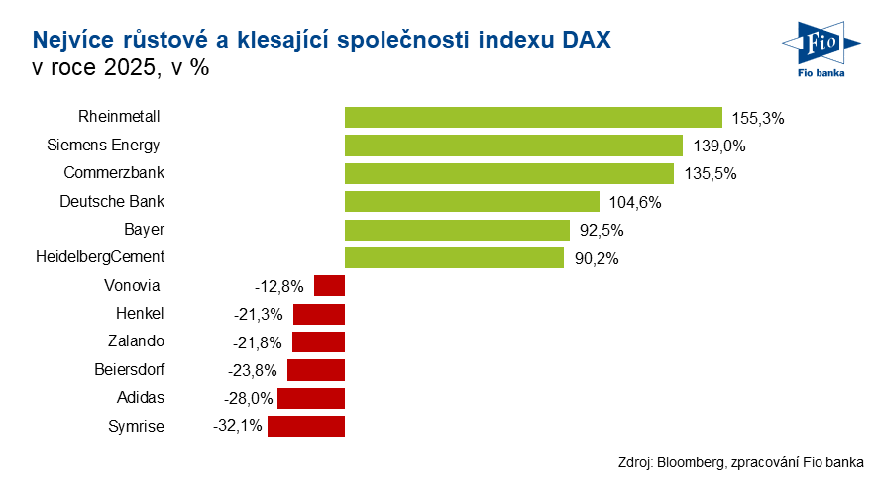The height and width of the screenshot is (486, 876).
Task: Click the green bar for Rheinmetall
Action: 533,117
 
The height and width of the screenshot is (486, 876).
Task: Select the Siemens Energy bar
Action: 513,146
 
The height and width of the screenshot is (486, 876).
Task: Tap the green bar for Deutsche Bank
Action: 472,202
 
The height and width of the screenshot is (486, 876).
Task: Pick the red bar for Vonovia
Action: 329,286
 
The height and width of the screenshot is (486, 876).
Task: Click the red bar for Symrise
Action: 306,427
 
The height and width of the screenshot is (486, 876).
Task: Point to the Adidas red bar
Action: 311,399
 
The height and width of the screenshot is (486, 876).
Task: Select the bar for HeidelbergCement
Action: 454,258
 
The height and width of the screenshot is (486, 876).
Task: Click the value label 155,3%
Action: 758,118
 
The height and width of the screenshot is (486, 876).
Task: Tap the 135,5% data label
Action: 710,174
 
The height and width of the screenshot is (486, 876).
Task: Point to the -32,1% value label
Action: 237,427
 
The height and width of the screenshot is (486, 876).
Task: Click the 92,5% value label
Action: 601,231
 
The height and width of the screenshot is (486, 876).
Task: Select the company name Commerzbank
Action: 114,173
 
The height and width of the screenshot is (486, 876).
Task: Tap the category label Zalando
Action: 136,341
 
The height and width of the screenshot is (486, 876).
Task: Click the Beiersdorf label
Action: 130,370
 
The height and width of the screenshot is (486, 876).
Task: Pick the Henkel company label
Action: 140,314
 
